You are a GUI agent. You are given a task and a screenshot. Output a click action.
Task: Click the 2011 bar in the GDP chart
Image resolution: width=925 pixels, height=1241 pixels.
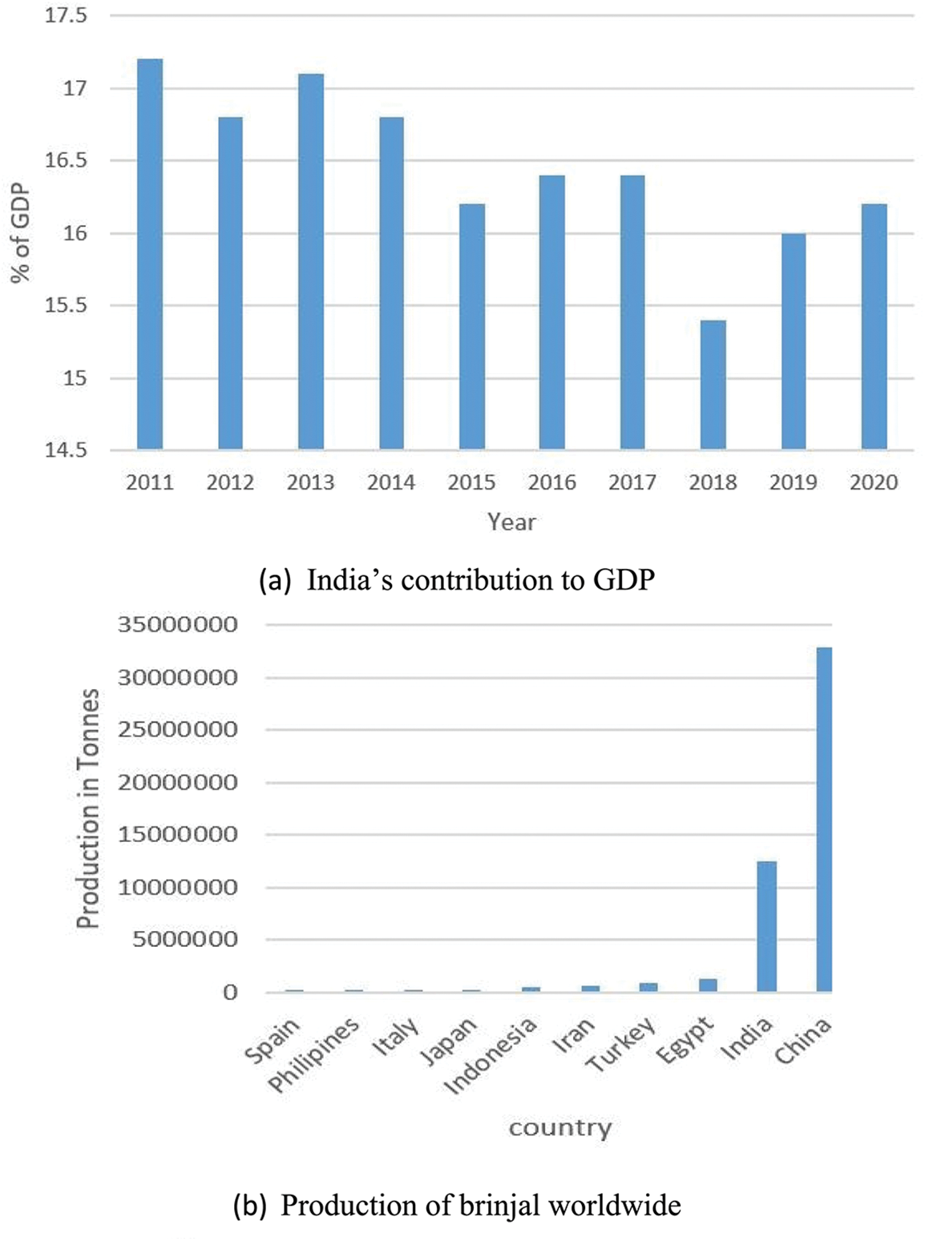[150, 253]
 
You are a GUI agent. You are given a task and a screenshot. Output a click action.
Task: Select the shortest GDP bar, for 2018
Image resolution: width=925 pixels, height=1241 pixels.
[713, 385]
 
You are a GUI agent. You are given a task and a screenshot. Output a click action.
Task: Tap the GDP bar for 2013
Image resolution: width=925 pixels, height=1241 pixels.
[311, 261]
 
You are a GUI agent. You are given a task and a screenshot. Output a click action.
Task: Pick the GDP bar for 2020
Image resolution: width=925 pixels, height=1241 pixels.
[874, 326]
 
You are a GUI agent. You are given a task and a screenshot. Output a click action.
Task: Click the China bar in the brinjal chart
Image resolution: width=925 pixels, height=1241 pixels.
[824, 820]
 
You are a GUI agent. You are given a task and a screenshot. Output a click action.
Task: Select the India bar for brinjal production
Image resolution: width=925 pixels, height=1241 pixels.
[766, 927]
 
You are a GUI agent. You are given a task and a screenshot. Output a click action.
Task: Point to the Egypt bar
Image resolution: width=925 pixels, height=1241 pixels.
[708, 985]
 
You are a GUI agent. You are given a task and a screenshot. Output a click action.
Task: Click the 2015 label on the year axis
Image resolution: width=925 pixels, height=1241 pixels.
[471, 482]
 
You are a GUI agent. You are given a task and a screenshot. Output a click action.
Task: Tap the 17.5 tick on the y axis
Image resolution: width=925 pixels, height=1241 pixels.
[66, 15]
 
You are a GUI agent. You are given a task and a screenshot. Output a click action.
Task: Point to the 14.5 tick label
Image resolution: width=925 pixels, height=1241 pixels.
[66, 450]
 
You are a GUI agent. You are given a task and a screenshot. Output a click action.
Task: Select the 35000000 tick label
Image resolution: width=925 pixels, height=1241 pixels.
[178, 624]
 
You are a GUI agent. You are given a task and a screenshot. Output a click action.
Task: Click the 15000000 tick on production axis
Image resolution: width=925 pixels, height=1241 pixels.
[178, 834]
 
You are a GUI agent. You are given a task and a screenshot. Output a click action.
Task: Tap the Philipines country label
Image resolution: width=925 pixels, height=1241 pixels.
[314, 1055]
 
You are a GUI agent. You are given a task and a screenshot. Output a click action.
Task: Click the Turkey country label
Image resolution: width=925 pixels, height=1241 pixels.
[621, 1044]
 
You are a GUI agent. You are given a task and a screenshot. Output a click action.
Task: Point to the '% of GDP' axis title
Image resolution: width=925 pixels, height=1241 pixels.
[21, 232]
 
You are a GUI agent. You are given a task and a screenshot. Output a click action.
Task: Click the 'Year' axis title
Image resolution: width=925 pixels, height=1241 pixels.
[511, 522]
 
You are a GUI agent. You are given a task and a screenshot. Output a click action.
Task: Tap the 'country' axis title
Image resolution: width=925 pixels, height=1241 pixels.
[560, 1128]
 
